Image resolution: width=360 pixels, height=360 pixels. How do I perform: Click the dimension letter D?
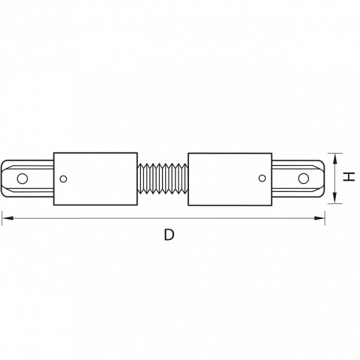169,235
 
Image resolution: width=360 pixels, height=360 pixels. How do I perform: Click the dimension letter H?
349,177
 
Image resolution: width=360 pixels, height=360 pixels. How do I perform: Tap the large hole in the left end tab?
22,178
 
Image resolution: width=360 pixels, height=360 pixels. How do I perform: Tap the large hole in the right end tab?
303,178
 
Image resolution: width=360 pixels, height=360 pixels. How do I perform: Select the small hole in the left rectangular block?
63,179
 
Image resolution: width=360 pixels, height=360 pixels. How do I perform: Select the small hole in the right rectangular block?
262,178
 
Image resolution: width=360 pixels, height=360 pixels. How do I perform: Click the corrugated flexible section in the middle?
163,179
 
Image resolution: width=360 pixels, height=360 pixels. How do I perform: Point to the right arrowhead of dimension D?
319,218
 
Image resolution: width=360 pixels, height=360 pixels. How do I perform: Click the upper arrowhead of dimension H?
335,159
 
